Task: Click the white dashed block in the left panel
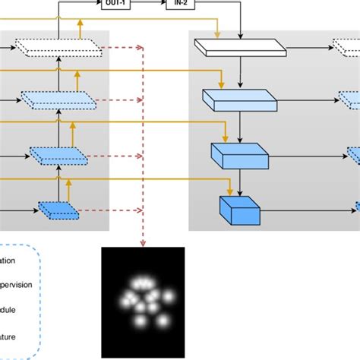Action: [60, 47]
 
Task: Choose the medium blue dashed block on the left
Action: [58, 155]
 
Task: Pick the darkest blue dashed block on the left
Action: [58, 208]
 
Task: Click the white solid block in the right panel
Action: [240, 47]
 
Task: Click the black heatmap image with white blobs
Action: [143, 302]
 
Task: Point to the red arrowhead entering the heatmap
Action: [143, 242]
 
